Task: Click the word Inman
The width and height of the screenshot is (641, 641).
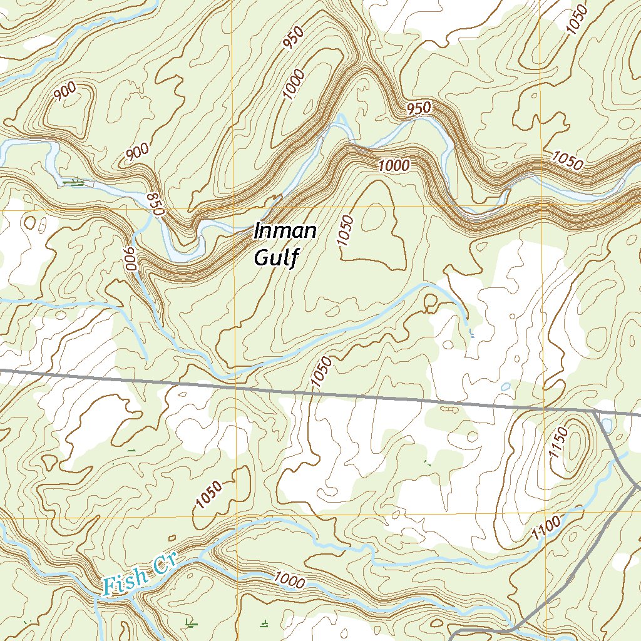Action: point(285,232)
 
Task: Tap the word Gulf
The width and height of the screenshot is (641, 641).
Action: point(274,257)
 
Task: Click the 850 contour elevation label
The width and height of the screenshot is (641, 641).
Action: point(155,205)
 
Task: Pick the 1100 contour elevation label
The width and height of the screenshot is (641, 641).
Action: point(544,531)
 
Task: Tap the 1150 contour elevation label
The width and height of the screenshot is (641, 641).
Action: point(559,443)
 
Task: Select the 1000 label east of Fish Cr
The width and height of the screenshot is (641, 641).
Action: point(289,581)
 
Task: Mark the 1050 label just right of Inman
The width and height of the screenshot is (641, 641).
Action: point(346,231)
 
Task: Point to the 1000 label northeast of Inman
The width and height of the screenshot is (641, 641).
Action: point(394,166)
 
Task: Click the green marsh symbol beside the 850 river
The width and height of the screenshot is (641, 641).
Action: point(75,183)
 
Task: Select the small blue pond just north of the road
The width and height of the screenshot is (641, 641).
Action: point(505,387)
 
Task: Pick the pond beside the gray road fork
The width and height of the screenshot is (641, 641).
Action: point(606,426)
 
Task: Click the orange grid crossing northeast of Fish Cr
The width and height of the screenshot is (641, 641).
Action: point(238,517)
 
